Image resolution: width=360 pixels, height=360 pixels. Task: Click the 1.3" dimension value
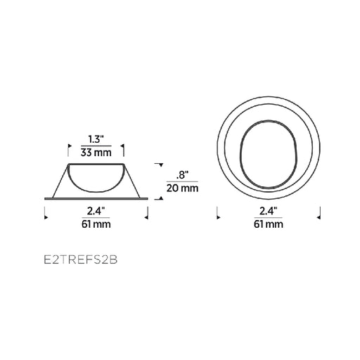tap(96, 140)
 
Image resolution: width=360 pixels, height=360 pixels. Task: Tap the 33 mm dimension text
tap(96, 153)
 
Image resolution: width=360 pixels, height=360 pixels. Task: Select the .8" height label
tap(182, 175)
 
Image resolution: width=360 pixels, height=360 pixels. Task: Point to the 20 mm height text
tap(182, 188)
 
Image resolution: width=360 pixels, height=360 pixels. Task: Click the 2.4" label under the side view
tap(96, 212)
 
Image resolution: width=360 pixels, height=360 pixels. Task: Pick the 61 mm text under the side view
tap(96, 224)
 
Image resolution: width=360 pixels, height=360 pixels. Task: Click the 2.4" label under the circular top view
tap(269, 212)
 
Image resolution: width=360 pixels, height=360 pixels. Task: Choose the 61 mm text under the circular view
tap(269, 224)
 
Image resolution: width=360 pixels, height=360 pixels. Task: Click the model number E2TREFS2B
tap(81, 260)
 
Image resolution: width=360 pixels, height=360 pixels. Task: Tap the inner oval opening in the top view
tap(240, 155)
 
